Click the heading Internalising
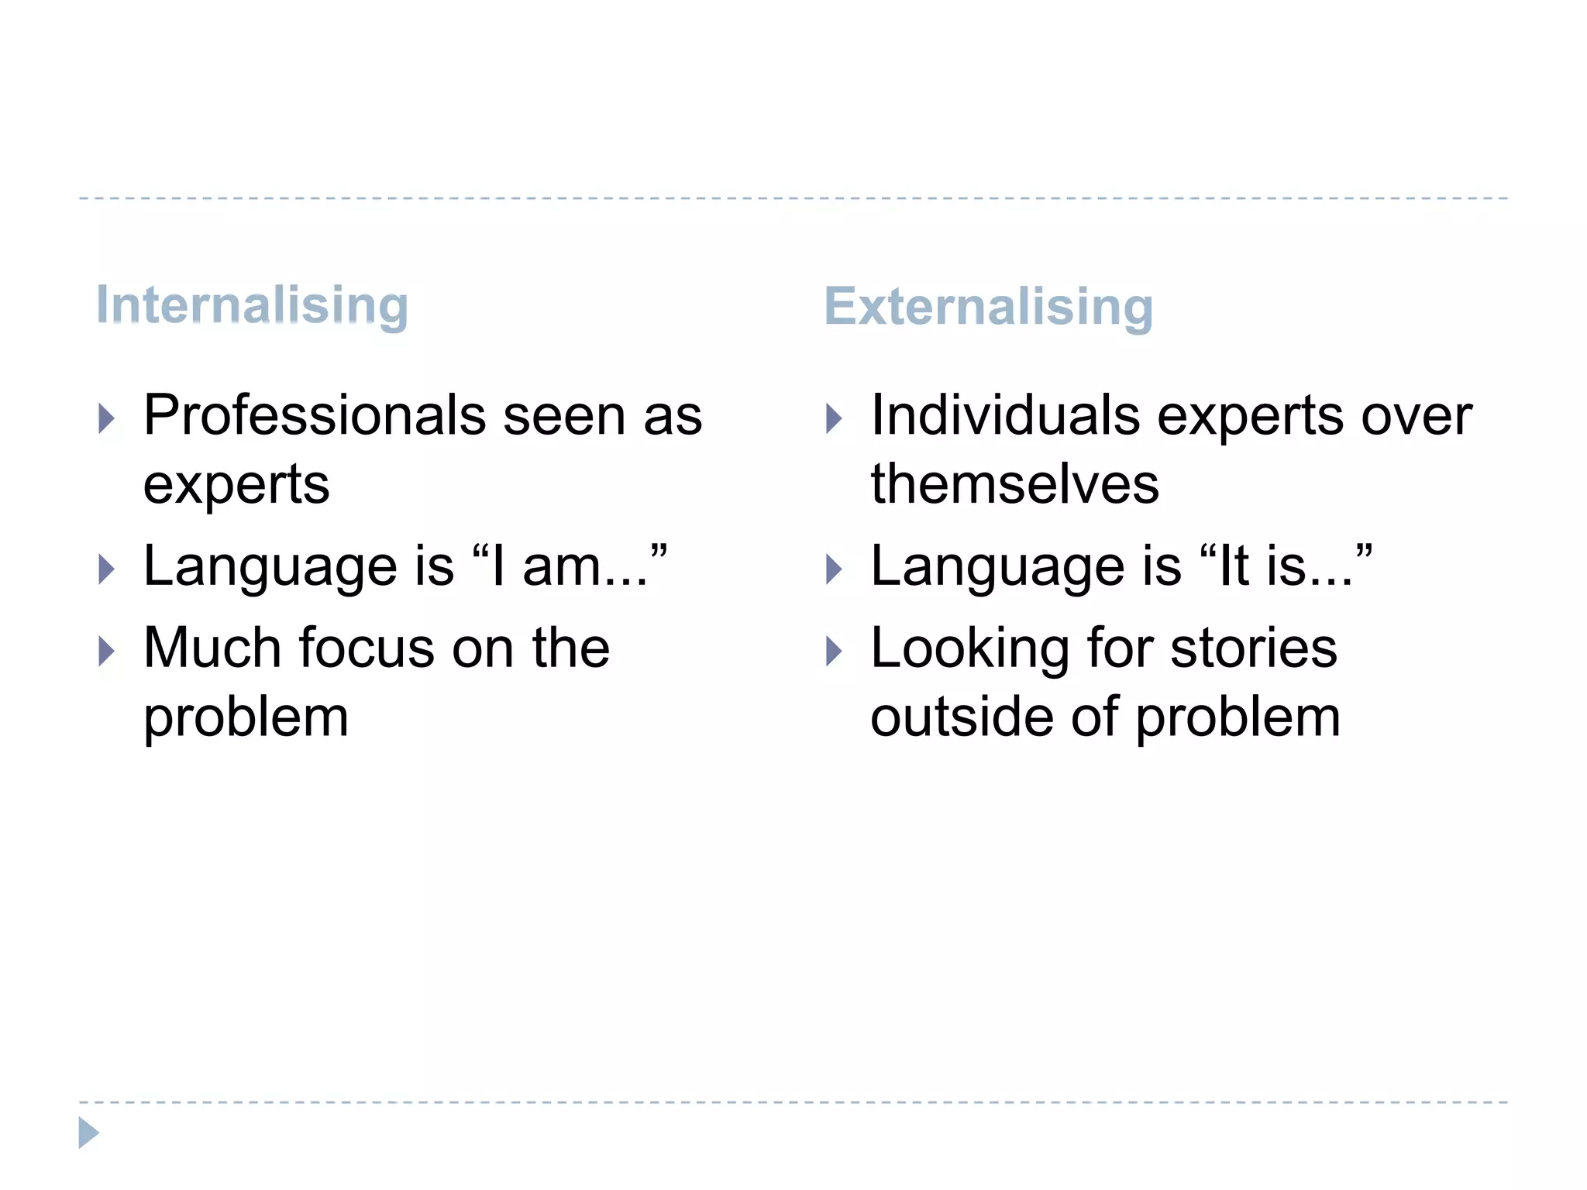tap(252, 305)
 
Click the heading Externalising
tap(989, 307)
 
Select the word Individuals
tap(1005, 416)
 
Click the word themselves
tap(1014, 484)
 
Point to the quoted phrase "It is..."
tap(1286, 566)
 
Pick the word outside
tap(962, 717)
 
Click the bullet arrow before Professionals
tap(107, 418)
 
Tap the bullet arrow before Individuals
tap(834, 418)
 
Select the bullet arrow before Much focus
tap(107, 651)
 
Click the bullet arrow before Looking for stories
tap(834, 651)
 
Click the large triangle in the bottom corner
tap(88, 1133)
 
